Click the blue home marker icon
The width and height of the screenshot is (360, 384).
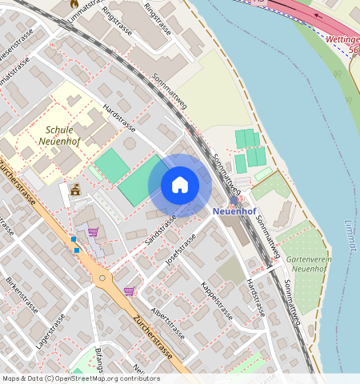coord(180,186)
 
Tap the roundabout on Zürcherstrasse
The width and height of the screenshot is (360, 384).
coord(102,278)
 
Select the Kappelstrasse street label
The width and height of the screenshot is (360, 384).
coord(216,301)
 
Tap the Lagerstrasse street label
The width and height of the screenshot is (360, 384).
coord(51,330)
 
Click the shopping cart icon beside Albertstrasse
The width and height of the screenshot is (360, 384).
coord(129,292)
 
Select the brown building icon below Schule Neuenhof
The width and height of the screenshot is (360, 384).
coord(75,190)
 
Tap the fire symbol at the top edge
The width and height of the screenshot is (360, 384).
coord(74,3)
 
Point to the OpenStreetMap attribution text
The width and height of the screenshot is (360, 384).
coord(80,378)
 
